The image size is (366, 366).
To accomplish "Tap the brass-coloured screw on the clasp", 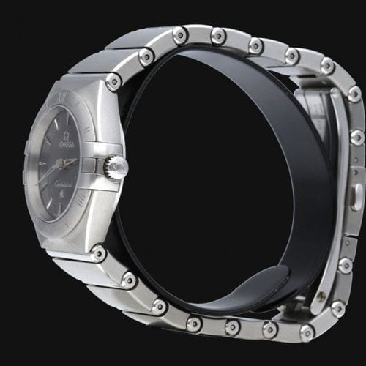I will [x=321, y=296].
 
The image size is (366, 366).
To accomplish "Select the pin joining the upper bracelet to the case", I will [x=113, y=81].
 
